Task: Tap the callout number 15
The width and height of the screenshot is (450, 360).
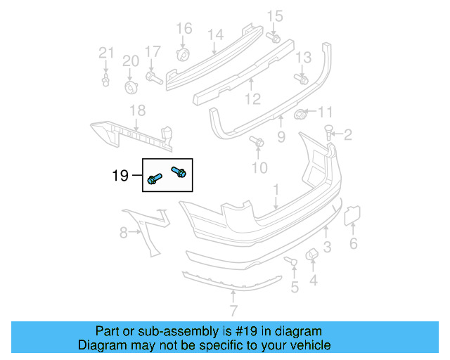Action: [x=274, y=16]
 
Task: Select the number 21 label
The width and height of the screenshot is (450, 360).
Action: [x=105, y=52]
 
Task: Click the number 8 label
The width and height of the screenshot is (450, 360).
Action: [x=123, y=232]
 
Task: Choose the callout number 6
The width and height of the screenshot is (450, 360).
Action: [x=354, y=244]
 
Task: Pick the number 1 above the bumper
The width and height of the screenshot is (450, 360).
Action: [x=276, y=189]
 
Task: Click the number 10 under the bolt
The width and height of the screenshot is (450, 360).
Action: [x=260, y=167]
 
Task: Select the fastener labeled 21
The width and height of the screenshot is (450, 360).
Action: [x=105, y=79]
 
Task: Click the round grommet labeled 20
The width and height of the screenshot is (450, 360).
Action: [x=131, y=86]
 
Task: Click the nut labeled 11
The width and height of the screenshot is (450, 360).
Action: [x=300, y=113]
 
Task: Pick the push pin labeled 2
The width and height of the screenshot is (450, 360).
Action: [x=328, y=131]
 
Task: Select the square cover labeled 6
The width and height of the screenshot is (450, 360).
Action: [x=351, y=214]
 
